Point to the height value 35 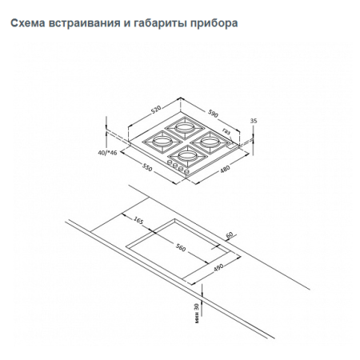pos(254,121)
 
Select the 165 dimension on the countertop pos(137,220)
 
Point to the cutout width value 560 pos(180,248)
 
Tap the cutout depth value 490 pos(215,270)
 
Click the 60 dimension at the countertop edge pos(229,235)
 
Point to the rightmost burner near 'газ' pos(210,140)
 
